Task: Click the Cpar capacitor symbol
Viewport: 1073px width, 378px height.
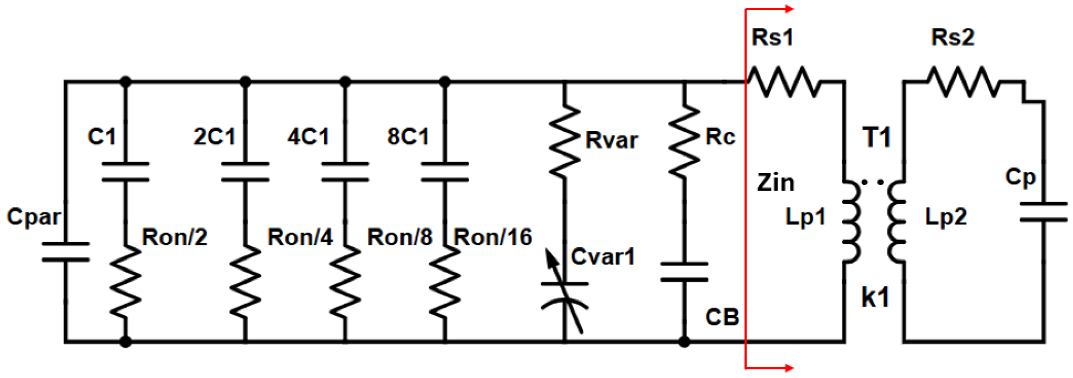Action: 65,251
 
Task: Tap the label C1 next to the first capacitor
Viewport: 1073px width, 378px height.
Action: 102,136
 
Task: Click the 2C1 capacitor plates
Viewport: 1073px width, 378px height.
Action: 245,172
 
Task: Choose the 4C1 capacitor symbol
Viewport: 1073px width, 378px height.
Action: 345,172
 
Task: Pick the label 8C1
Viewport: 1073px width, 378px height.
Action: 408,136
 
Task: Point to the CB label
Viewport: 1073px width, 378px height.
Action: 722,317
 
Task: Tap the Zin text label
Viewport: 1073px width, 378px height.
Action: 776,183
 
